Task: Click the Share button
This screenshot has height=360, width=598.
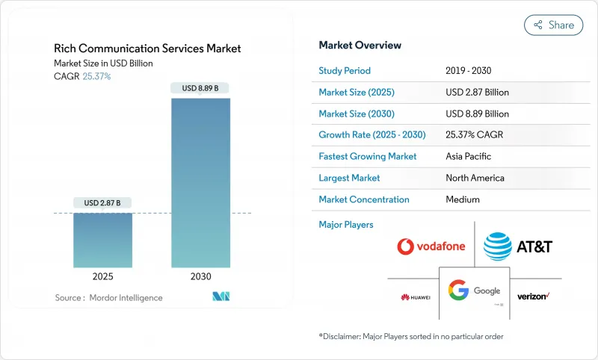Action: tap(554, 25)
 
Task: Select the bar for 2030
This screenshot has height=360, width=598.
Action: tap(200, 179)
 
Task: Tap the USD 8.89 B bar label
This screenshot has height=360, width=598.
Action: tap(200, 88)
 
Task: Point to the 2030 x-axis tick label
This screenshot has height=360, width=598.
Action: tap(200, 276)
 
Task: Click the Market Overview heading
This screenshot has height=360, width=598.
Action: tap(360, 46)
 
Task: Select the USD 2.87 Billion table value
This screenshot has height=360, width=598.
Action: tap(477, 93)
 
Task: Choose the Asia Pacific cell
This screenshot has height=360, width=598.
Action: tap(468, 157)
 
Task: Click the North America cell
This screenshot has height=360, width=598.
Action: tap(475, 178)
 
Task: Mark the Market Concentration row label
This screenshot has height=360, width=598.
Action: tap(364, 199)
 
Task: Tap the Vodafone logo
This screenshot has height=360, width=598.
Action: tap(430, 246)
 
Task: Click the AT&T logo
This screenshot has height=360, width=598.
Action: tap(517, 245)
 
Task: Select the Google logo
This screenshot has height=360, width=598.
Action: tap(474, 291)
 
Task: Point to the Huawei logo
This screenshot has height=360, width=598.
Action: tap(415, 297)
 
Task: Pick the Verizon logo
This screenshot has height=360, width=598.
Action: tap(534, 297)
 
